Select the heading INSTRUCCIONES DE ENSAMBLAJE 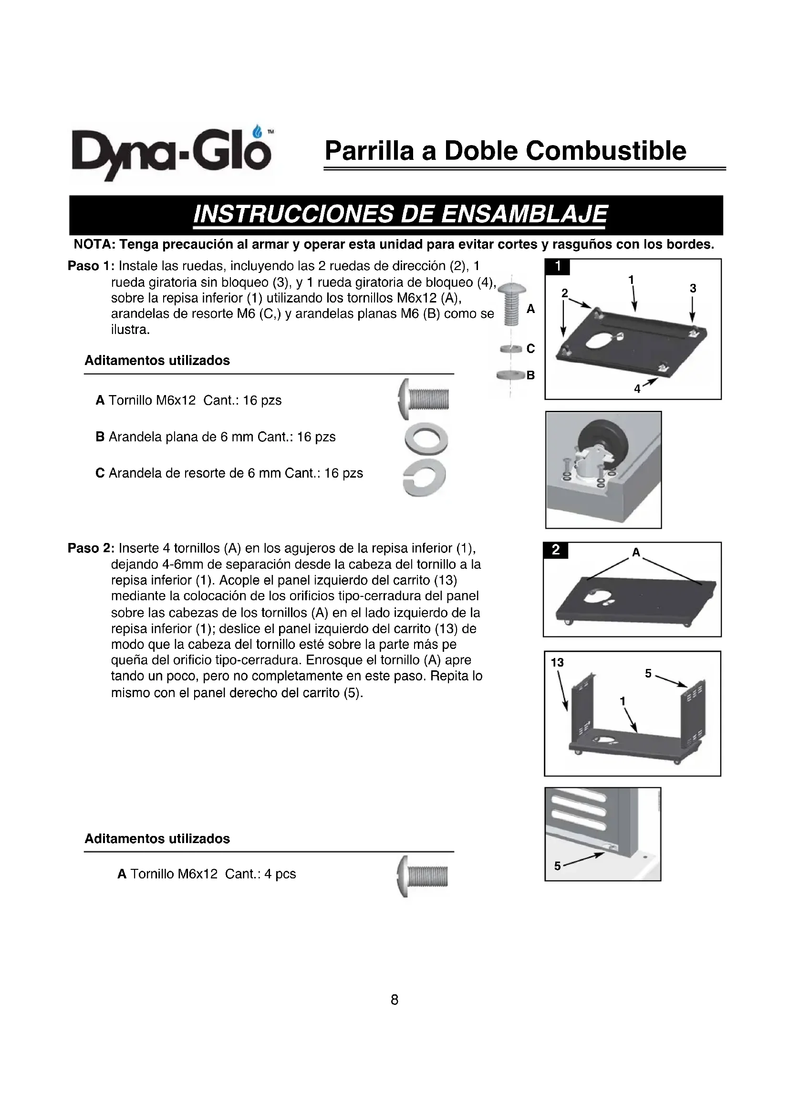[400, 214]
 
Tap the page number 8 [394, 1000]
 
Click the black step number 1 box [558, 266]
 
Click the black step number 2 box [556, 550]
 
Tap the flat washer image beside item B [426, 439]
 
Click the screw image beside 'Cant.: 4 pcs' [422, 876]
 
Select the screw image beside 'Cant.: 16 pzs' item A [424, 399]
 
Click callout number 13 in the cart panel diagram [557, 663]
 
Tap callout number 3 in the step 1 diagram [693, 288]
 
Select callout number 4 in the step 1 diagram [637, 389]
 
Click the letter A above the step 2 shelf [636, 552]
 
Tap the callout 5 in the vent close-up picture [557, 866]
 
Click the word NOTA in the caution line [93, 244]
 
